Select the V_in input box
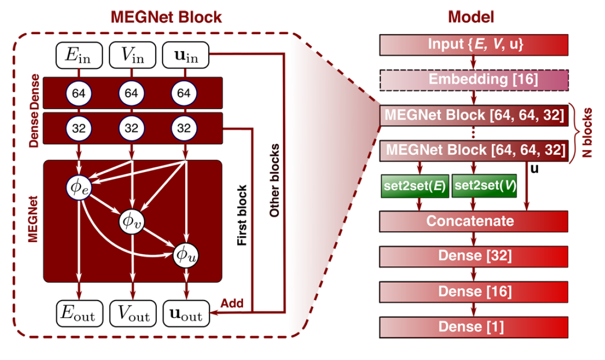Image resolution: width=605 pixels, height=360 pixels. [x=132, y=55]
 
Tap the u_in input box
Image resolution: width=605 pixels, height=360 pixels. [x=185, y=55]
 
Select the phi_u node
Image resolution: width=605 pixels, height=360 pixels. [x=186, y=254]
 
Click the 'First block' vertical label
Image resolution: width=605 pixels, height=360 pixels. [x=242, y=215]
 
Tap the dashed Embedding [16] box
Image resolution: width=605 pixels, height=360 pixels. [x=473, y=80]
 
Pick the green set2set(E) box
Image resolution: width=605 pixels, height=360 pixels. [x=415, y=186]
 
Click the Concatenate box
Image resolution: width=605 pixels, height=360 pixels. [x=473, y=221]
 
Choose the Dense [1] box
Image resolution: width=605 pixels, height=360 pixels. [x=473, y=327]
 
